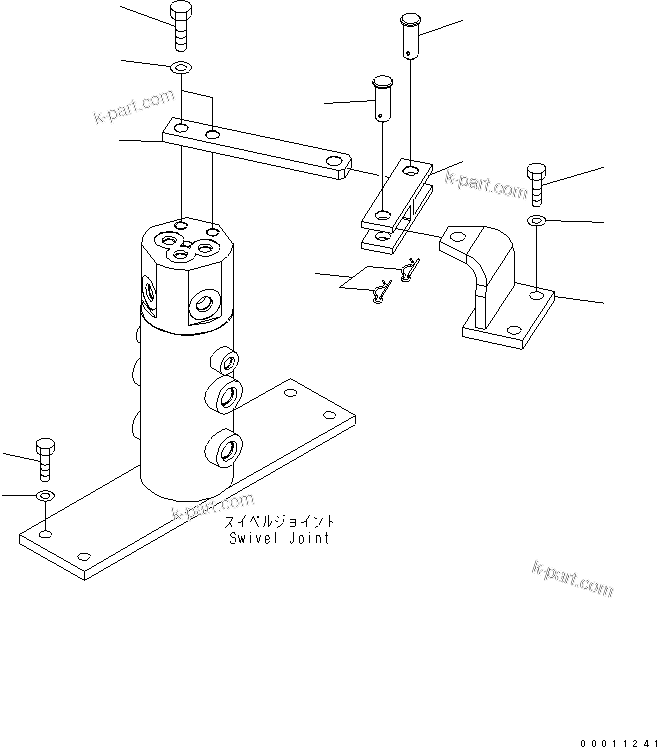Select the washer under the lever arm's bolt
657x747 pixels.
click(181, 68)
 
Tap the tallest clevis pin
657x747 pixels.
click(410, 34)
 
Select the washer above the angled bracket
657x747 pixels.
click(537, 220)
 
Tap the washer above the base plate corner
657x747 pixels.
click(45, 496)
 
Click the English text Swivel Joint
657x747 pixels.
click(278, 538)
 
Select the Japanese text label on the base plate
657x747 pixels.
click(279, 522)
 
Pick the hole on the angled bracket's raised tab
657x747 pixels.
click(459, 238)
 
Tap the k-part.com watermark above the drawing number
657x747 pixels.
click(573, 580)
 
